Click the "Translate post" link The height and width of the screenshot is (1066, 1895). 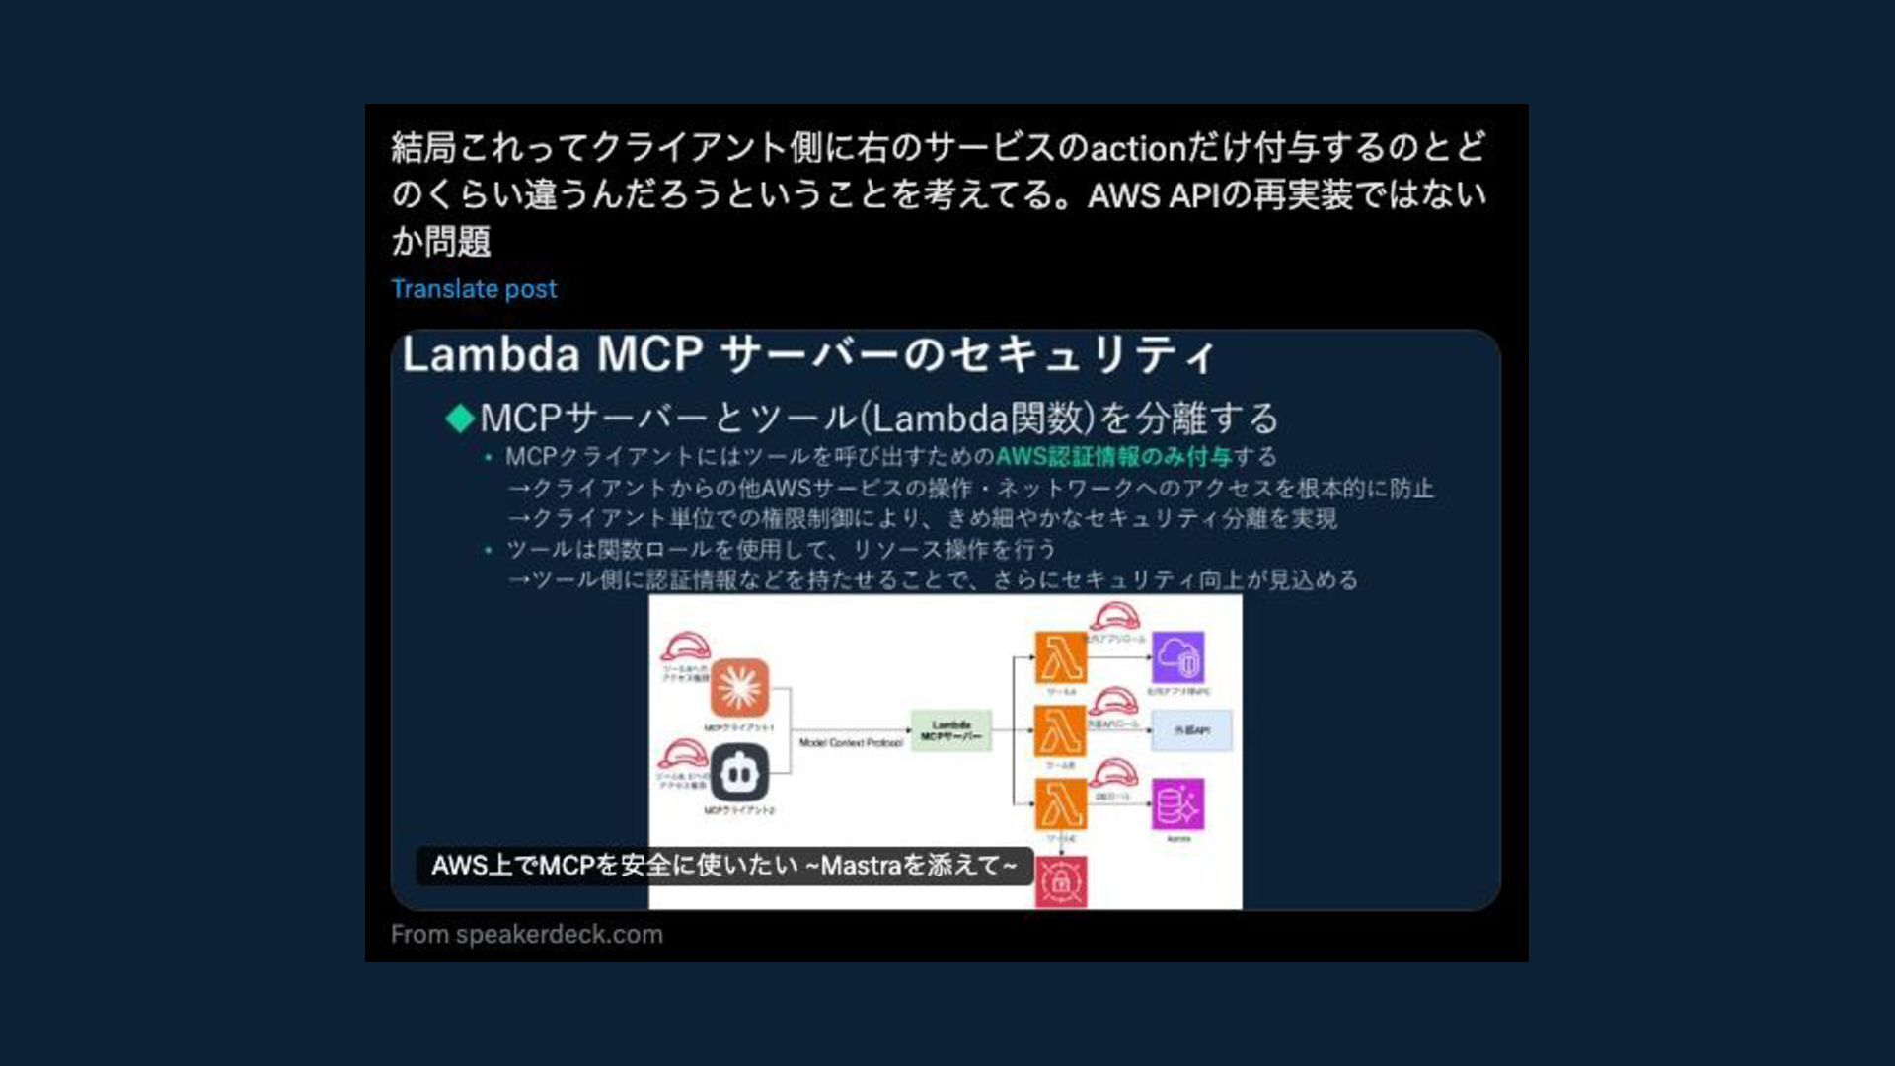pyautogui.click(x=474, y=289)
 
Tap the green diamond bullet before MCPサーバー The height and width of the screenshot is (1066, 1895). pyautogui.click(x=459, y=418)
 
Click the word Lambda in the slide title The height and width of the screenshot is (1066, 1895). pyautogui.click(x=490, y=354)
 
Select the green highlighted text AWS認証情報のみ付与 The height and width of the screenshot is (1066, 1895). pyautogui.click(x=1112, y=457)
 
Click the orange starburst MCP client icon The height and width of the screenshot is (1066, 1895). pyautogui.click(x=739, y=688)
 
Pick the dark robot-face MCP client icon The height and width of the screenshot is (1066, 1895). pyautogui.click(x=739, y=773)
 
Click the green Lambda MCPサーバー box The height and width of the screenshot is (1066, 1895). pyautogui.click(x=950, y=731)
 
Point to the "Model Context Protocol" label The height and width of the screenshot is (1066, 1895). pyautogui.click(x=851, y=743)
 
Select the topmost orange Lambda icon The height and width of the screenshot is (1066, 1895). pyautogui.click(x=1060, y=657)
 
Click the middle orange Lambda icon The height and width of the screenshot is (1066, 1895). pyautogui.click(x=1060, y=731)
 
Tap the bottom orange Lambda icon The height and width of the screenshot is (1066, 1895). pyautogui.click(x=1060, y=804)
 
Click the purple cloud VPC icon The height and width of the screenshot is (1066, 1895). pyautogui.click(x=1178, y=657)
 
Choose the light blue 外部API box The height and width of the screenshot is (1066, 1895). pyautogui.click(x=1191, y=731)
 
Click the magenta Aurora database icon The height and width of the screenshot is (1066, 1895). pyautogui.click(x=1178, y=804)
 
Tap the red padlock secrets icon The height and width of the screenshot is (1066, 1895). pyautogui.click(x=1061, y=881)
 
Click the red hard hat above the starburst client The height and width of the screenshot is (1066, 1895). pyautogui.click(x=685, y=647)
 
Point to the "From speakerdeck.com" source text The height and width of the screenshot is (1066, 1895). pyautogui.click(x=527, y=934)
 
